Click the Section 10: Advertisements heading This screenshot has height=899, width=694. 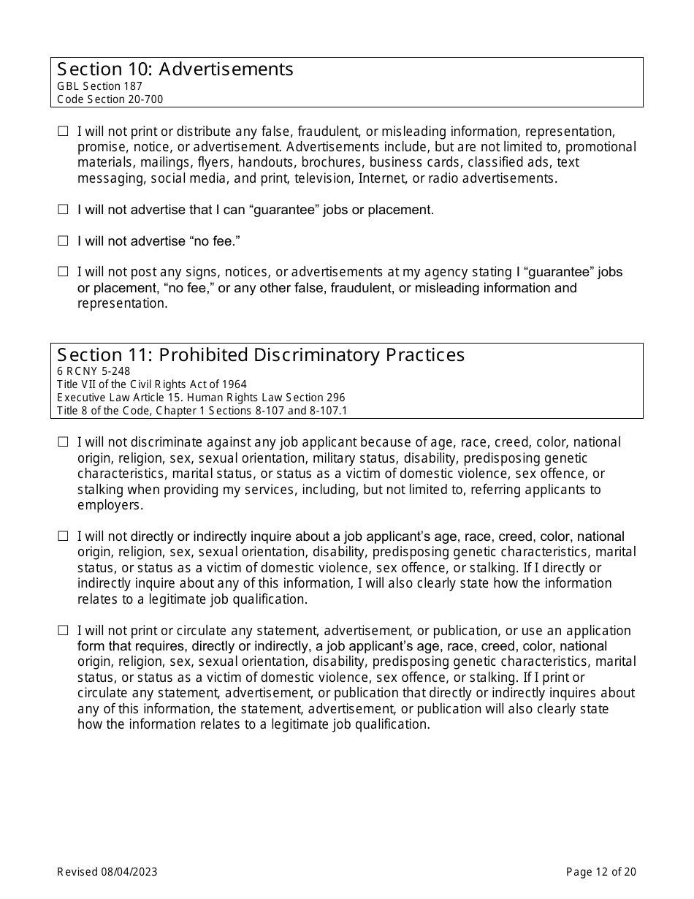tap(175, 69)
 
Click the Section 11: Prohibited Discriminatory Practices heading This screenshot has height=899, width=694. tap(261, 355)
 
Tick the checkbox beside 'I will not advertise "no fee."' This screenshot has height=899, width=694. tap(63, 240)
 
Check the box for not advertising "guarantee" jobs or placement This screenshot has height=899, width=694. tap(63, 210)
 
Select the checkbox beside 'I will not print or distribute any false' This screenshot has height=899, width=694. tap(63, 132)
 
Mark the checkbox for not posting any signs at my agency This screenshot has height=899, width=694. tap(63, 272)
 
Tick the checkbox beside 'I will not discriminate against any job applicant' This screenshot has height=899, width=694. tap(63, 442)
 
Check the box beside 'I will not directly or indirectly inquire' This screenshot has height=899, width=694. tap(63, 536)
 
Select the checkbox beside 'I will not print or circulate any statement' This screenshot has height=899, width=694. tap(63, 631)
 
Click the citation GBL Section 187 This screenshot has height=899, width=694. tap(99, 86)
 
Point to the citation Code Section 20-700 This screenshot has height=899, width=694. tap(110, 99)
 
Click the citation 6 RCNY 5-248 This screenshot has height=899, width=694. tap(94, 371)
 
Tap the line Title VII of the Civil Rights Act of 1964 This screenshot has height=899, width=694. tap(152, 384)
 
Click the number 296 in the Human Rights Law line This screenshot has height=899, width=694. tap(336, 398)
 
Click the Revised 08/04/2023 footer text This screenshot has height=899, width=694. tap(107, 871)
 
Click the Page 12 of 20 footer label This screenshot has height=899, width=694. tap(601, 871)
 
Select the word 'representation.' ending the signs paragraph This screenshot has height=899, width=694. tap(122, 303)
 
